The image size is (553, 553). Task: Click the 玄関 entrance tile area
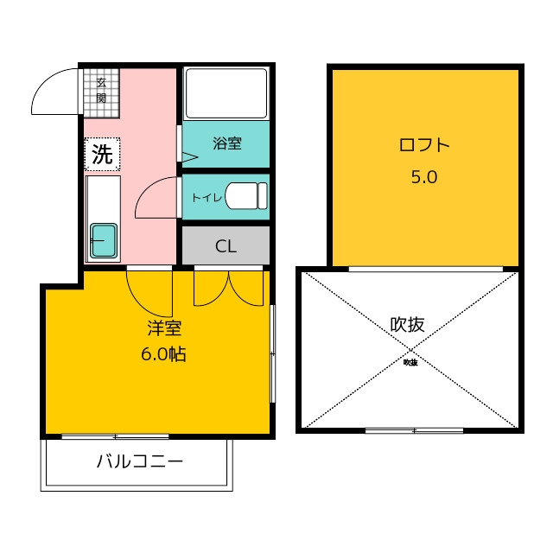pyautogui.click(x=102, y=92)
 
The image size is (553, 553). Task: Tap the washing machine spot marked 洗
pyautogui.click(x=102, y=154)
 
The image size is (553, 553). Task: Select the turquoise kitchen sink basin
pyautogui.click(x=104, y=240)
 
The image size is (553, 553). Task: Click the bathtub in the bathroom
pyautogui.click(x=226, y=93)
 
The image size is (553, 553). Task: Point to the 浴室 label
pyautogui.click(x=227, y=143)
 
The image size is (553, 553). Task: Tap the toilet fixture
pyautogui.click(x=246, y=196)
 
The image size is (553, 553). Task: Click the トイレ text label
pyautogui.click(x=207, y=198)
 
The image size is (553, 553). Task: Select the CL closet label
pyautogui.click(x=226, y=246)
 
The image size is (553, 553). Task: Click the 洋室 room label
pyautogui.click(x=164, y=328)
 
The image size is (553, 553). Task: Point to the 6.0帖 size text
pyautogui.click(x=163, y=353)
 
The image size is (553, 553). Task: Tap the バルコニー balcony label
pyautogui.click(x=140, y=461)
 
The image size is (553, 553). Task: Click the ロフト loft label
pyautogui.click(x=424, y=145)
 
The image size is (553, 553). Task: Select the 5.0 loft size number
pyautogui.click(x=424, y=176)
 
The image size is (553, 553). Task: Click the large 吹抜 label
pyautogui.click(x=407, y=325)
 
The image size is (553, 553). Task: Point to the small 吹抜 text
pyautogui.click(x=410, y=362)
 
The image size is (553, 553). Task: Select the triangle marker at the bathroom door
pyautogui.click(x=190, y=157)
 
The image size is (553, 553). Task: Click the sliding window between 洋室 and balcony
pyautogui.click(x=115, y=436)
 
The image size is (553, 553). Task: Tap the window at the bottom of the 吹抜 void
pyautogui.click(x=414, y=430)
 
